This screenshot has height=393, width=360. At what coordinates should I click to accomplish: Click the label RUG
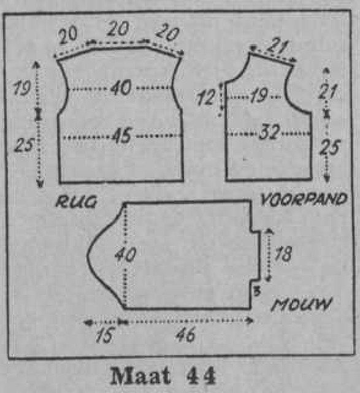[76, 201]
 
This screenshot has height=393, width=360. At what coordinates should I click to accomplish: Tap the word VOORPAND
[304, 199]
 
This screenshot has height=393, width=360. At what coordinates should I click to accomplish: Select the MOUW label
[302, 304]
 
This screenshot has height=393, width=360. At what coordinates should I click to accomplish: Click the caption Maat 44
[163, 376]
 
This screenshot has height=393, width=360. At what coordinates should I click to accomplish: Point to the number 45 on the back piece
[121, 135]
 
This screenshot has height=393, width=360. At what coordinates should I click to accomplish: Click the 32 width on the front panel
[269, 132]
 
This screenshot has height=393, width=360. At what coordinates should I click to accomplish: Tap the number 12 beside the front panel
[206, 97]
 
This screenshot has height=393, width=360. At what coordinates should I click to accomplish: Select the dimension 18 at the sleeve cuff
[283, 253]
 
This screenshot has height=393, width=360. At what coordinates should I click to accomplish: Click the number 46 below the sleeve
[185, 335]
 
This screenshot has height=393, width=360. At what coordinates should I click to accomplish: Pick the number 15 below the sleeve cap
[105, 335]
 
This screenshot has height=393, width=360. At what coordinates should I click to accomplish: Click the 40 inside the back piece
[121, 87]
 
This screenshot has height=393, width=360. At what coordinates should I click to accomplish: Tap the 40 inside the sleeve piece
[125, 254]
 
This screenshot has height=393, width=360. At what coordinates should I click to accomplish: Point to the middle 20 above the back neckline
[118, 28]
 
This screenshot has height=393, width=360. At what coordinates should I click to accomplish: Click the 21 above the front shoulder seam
[278, 46]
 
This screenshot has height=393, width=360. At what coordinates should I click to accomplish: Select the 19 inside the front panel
[259, 96]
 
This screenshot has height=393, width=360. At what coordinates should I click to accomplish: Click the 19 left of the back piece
[22, 87]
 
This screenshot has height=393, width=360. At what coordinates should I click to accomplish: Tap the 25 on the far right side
[329, 147]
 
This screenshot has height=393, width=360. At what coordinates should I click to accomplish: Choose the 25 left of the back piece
[24, 145]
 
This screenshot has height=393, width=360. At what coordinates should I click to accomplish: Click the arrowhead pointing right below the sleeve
[250, 320]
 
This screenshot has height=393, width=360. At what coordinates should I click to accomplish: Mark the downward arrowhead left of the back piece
[40, 185]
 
